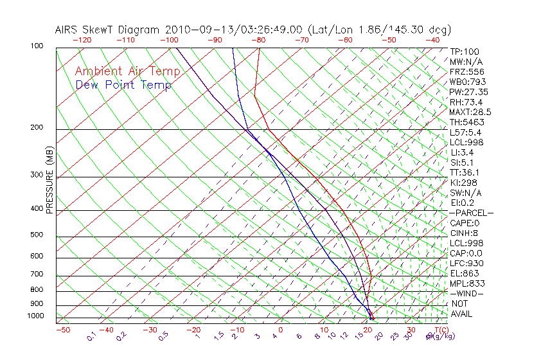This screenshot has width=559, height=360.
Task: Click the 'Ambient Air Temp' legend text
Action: pyautogui.click(x=127, y=71)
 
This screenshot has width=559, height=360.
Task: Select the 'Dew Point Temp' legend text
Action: pyautogui.click(x=123, y=85)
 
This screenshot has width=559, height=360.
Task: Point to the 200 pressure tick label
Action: pyautogui.click(x=36, y=127)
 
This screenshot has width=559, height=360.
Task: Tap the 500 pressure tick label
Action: pyautogui.click(x=36, y=235)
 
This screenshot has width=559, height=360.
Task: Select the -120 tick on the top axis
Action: pyautogui.click(x=81, y=40)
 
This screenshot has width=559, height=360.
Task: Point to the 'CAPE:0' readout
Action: pyautogui.click(x=465, y=223)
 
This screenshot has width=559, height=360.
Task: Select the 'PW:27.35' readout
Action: pyautogui.click(x=468, y=92)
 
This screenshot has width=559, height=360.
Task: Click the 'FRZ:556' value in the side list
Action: pyautogui.click(x=466, y=72)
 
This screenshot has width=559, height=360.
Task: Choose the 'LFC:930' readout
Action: pyautogui.click(x=466, y=263)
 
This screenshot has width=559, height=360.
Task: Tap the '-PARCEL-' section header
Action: pyautogui.click(x=471, y=213)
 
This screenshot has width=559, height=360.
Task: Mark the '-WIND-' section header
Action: pyautogui.click(x=466, y=293)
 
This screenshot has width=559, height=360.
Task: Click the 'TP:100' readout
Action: pyautogui.click(x=465, y=51)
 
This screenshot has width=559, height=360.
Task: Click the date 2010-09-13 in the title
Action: pyautogui.click(x=195, y=30)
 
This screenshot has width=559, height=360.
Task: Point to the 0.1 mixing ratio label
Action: pyautogui.click(x=92, y=336)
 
